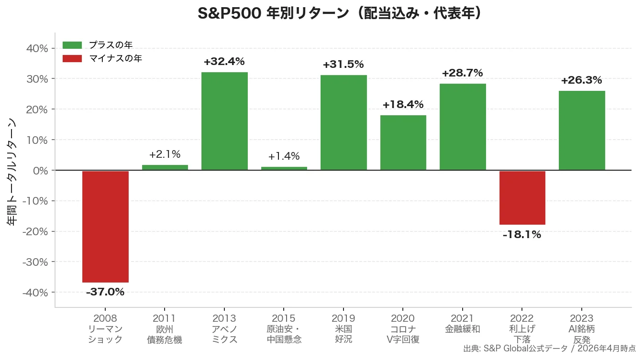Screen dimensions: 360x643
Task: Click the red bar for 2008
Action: [105, 226]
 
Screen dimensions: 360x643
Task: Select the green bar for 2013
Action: [224, 121]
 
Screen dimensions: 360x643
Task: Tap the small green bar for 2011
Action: [165, 167]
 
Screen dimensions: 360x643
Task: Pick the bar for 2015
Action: [284, 168]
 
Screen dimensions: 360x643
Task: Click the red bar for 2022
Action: [522, 197]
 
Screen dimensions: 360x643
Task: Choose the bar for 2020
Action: [403, 142]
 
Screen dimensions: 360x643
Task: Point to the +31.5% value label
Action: [343, 65]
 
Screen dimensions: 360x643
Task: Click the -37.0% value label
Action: [105, 292]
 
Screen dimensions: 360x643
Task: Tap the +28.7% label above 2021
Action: [462, 73]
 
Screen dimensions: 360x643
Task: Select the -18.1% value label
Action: [522, 235]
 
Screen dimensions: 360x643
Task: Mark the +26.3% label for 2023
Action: [581, 80]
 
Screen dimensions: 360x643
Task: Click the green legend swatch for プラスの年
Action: [72, 45]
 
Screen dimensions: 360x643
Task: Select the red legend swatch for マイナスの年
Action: [72, 58]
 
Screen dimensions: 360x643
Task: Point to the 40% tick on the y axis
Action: [37, 48]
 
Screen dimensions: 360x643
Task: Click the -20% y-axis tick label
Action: [35, 231]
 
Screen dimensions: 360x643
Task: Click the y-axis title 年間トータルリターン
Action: [12, 171]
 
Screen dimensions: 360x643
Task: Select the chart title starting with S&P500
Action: [339, 13]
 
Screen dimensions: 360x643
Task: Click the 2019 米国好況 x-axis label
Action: [343, 328]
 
